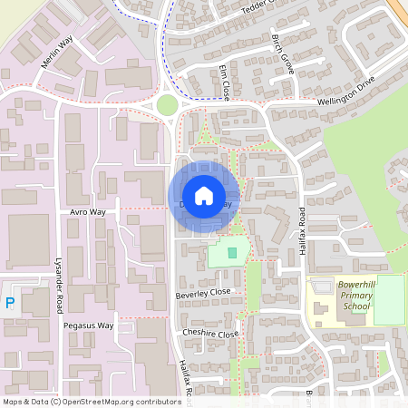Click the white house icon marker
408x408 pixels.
click(204, 196)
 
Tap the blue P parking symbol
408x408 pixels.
click(10, 303)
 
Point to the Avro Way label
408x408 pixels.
click(88, 211)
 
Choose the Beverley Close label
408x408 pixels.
click(204, 293)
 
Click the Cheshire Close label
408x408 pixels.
click(209, 334)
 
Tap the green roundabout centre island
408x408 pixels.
click(167, 105)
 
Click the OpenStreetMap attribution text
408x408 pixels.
click(91, 401)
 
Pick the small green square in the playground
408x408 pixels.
click(232, 252)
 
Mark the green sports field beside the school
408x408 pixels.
click(389, 299)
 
